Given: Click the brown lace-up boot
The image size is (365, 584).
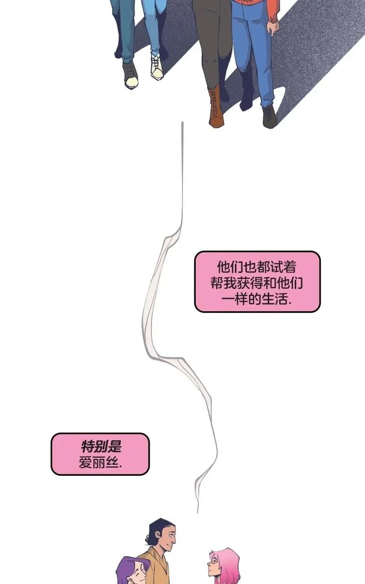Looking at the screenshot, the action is [216, 108].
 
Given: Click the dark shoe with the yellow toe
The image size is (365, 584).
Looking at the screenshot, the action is [131, 76].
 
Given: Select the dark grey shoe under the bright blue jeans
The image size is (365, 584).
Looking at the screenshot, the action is [269, 116].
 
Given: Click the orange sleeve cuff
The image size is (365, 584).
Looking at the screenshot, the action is [274, 19].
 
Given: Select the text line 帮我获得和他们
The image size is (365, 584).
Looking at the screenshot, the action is [257, 282].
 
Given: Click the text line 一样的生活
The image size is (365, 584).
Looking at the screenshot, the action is [257, 299].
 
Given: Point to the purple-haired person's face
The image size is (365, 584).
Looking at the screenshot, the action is [140, 572].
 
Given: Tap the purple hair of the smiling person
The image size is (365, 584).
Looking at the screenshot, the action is [128, 570].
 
